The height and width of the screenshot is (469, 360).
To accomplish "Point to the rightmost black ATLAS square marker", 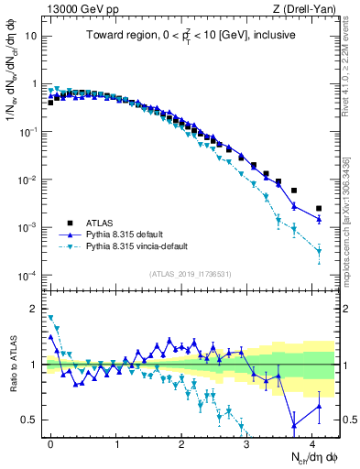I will click(x=319, y=209).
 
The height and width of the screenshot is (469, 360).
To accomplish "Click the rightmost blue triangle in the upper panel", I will click(x=319, y=220).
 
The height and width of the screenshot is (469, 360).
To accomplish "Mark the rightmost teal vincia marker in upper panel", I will click(x=319, y=251).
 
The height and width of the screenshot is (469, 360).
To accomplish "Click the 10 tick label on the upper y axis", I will click(x=30, y=36).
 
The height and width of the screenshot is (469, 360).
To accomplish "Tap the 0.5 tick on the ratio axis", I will click(x=29, y=420).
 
